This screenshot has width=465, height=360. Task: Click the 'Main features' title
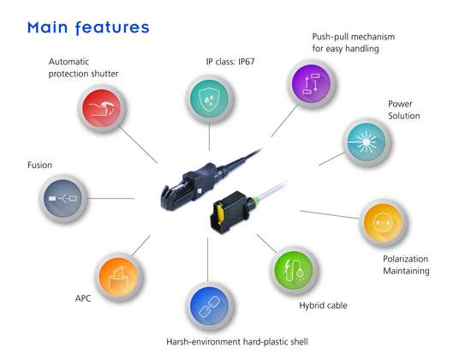tap(88, 27)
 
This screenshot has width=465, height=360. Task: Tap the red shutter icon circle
tap(102, 108)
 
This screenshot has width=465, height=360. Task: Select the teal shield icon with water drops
tap(209, 99)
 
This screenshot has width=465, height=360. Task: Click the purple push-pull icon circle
tap(312, 84)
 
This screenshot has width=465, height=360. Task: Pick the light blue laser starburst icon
tap(367, 142)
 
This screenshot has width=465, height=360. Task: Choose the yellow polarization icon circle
tap(384, 223)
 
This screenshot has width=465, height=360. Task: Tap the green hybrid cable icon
tap(295, 270)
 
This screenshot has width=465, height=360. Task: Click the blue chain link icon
tap(210, 306)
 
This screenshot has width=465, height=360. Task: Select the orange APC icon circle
tap(119, 277)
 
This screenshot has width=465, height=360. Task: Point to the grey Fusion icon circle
tap(63, 198)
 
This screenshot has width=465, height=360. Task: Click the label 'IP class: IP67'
tap(230, 62)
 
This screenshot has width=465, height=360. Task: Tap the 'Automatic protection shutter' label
tap(83, 68)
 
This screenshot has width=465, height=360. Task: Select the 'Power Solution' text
tap(404, 110)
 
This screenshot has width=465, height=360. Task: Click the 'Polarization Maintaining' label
tap(406, 265)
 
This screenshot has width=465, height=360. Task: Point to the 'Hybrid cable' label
tap(323, 305)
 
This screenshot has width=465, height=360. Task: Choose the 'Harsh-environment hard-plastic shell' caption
tap(237, 342)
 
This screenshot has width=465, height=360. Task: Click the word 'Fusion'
tap(39, 165)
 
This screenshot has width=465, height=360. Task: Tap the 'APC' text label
tap(83, 298)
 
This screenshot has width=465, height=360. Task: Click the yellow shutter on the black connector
tap(221, 213)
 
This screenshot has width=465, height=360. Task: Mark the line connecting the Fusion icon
tap(110, 198)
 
